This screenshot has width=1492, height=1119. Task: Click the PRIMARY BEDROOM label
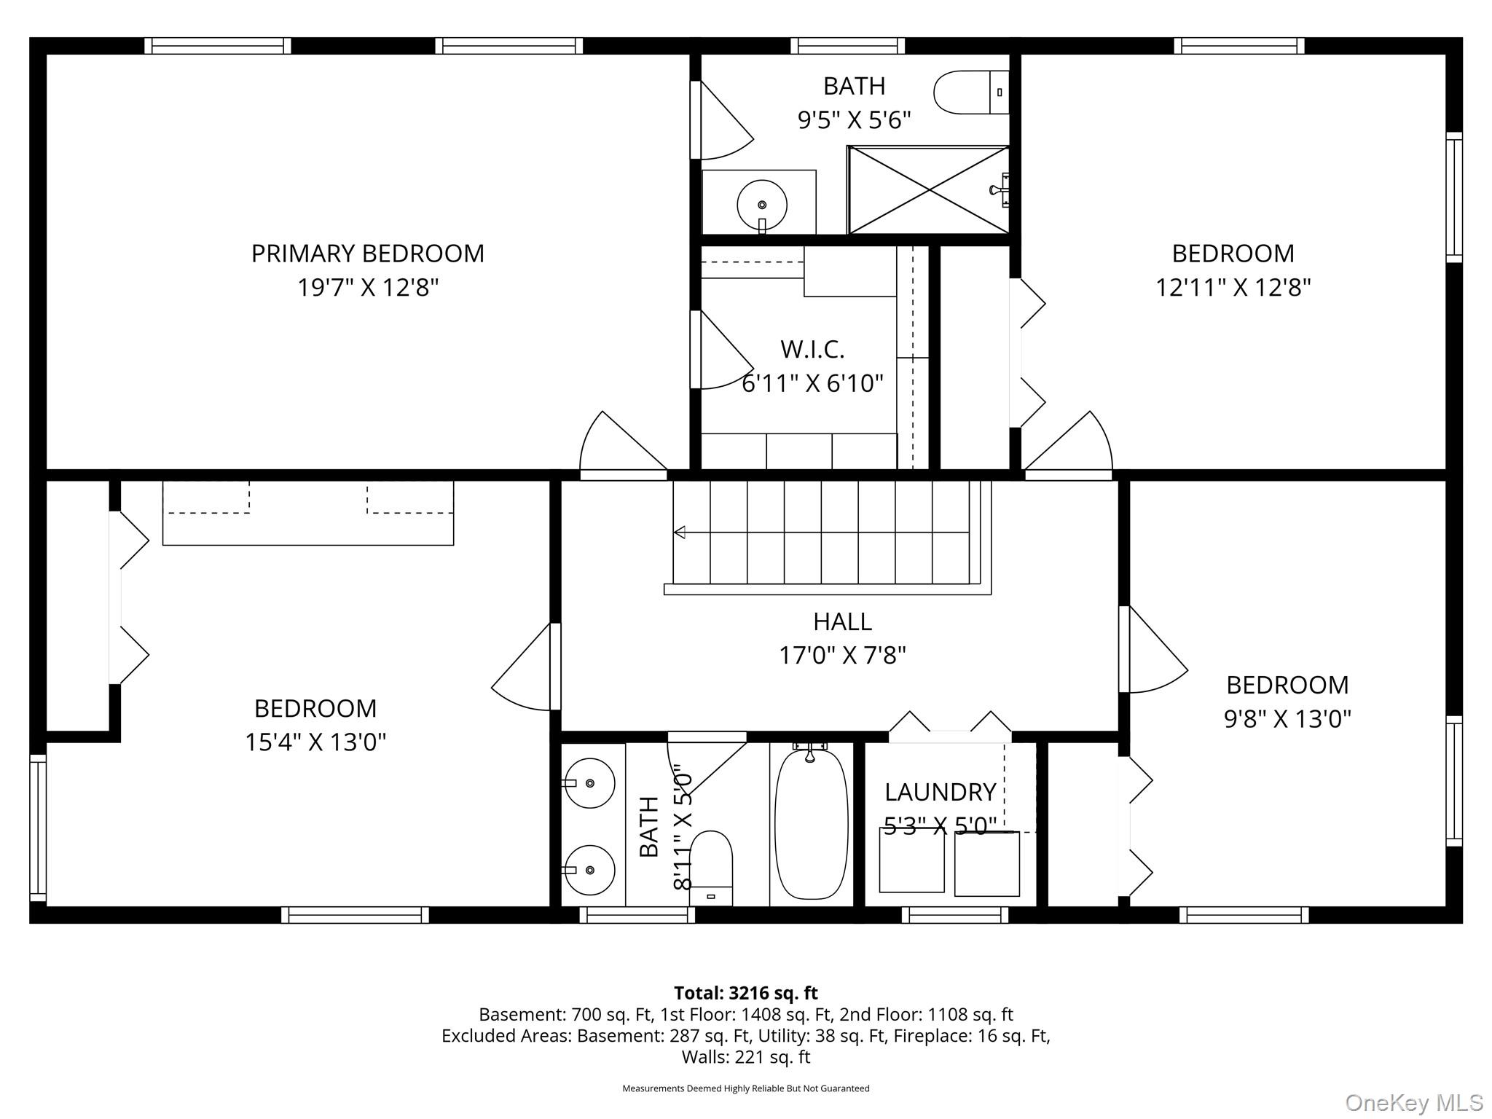coord(368,254)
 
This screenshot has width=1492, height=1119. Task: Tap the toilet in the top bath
coord(971,93)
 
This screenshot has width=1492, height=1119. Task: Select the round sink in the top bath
coord(762,205)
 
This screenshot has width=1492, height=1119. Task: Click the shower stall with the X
coord(929,190)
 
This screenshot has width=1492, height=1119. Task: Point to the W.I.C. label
coord(812,350)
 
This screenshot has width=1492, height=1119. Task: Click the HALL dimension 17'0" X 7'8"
coord(843,656)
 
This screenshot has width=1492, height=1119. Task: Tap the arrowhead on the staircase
coord(680,532)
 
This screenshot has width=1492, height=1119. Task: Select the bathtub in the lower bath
coord(811,823)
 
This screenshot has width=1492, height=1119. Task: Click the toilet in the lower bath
coord(710,868)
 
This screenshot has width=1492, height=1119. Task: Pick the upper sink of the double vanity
coord(590,783)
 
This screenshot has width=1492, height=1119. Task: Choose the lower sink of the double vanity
coord(590,870)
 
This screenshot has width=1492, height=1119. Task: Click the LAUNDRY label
coord(941,792)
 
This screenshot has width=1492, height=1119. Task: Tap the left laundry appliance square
coord(912,860)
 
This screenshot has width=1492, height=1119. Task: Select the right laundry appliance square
coord(987,864)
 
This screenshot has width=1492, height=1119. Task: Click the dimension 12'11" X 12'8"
coord(1233,288)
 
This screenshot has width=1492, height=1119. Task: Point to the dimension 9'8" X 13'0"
coord(1287,719)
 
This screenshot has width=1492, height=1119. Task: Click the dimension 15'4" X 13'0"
coord(315,742)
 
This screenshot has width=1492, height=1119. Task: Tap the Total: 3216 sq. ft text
coord(746,993)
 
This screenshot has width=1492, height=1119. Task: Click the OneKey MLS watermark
coord(1414,1103)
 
